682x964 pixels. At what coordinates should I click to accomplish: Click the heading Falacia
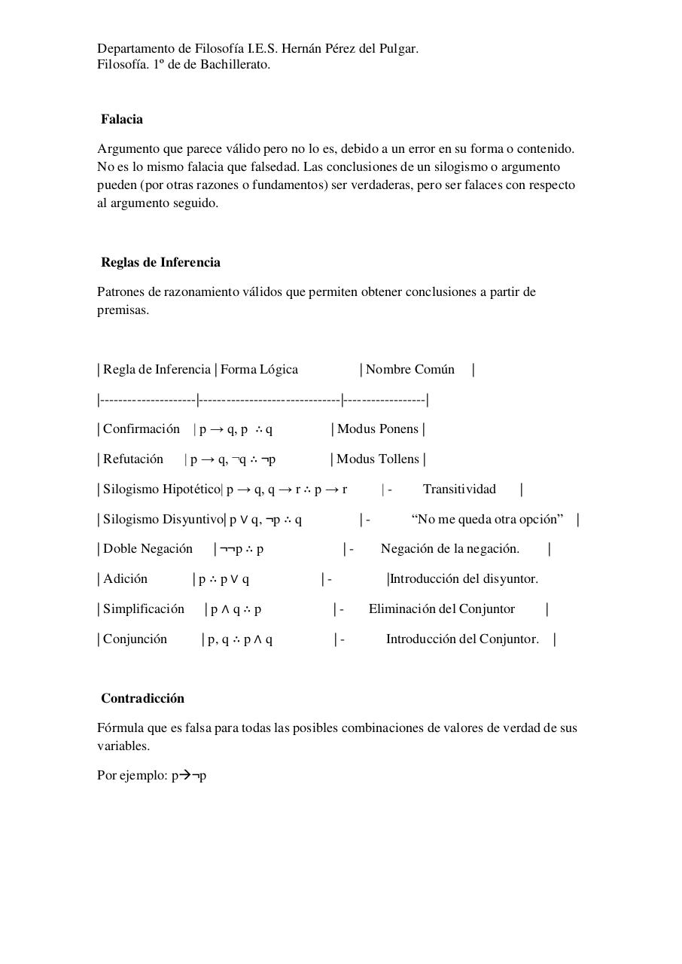(x=122, y=119)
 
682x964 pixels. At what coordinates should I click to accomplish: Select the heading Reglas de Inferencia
(x=160, y=262)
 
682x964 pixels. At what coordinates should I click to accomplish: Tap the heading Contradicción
(x=142, y=698)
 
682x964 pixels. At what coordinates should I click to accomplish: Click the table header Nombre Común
(x=410, y=369)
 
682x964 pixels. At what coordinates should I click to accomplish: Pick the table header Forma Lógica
(x=259, y=369)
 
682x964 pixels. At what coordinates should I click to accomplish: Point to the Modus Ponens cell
(x=377, y=429)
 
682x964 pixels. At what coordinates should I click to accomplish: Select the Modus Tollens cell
(x=377, y=459)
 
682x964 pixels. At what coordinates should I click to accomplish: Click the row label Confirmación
(x=142, y=429)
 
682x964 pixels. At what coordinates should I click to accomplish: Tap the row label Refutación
(x=133, y=459)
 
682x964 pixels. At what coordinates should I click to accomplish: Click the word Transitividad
(x=459, y=489)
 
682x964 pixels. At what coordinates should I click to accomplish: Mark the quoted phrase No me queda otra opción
(x=487, y=519)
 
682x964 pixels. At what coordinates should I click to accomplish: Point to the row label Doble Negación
(x=148, y=548)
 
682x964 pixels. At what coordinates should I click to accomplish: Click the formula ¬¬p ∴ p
(x=242, y=549)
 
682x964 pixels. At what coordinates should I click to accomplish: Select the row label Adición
(x=125, y=578)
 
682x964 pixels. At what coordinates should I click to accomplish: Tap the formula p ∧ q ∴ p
(x=236, y=609)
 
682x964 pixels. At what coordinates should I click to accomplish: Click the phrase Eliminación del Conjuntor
(x=441, y=609)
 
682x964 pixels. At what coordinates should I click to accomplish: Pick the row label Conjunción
(x=135, y=639)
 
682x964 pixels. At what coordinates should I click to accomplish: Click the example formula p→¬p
(x=189, y=775)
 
